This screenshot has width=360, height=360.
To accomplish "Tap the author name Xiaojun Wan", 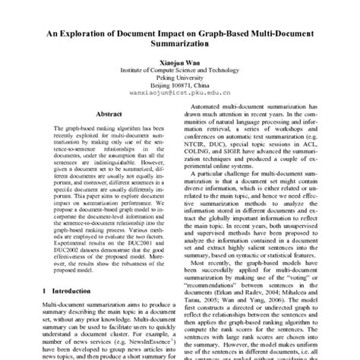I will tap(180, 67).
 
